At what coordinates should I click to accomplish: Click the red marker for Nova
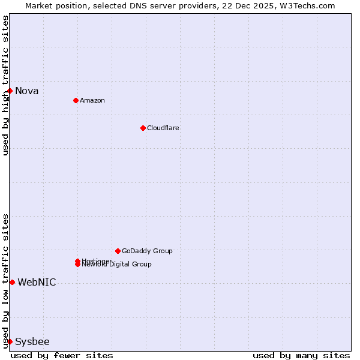pyautogui.click(x=10, y=91)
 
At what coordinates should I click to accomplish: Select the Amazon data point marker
pyautogui.click(x=76, y=100)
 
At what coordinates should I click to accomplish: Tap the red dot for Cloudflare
pyautogui.click(x=143, y=128)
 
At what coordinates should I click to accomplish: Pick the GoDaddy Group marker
pyautogui.click(x=118, y=251)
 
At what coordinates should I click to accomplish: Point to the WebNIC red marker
pyautogui.click(x=12, y=282)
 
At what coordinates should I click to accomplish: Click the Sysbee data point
pyautogui.click(x=10, y=341)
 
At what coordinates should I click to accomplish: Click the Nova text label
pyautogui.click(x=27, y=91)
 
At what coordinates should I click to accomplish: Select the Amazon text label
pyautogui.click(x=92, y=101)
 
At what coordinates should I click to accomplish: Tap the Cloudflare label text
pyautogui.click(x=163, y=128)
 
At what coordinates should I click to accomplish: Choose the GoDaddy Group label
pyautogui.click(x=147, y=251)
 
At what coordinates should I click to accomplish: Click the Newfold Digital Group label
pyautogui.click(x=118, y=265)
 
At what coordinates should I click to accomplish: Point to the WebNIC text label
pyautogui.click(x=37, y=283)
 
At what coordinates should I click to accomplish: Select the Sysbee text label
pyautogui.click(x=32, y=342)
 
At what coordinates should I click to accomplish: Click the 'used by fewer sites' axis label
pyautogui.click(x=62, y=356)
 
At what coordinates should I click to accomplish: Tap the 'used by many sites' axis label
pyautogui.click(x=301, y=356)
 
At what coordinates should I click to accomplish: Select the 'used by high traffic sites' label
pyautogui.click(x=5, y=85)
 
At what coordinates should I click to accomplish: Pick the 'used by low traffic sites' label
pyautogui.click(x=5, y=281)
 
